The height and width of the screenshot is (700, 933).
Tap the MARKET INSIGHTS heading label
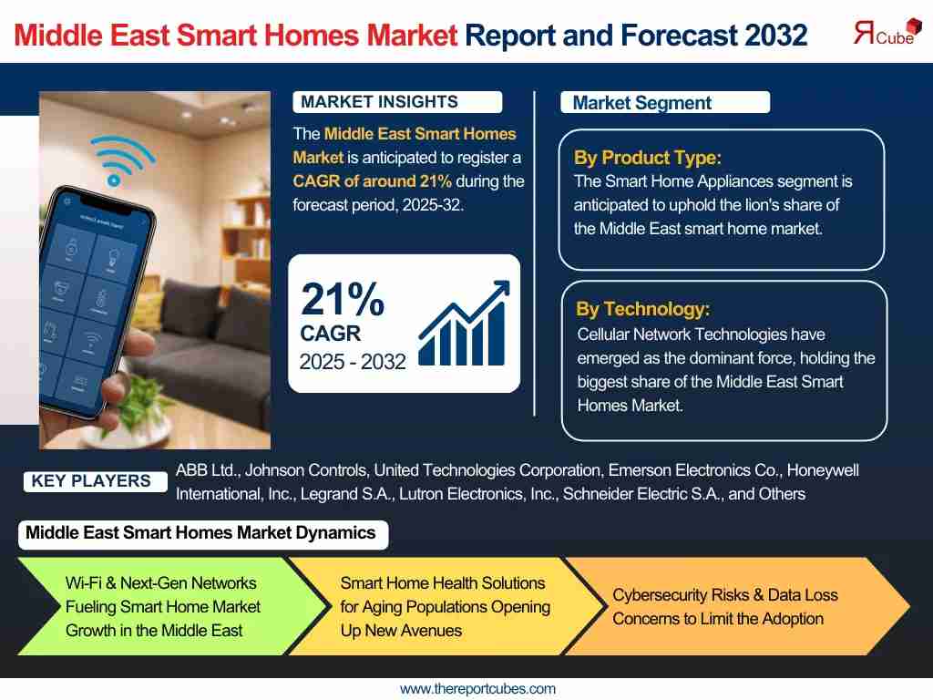397,102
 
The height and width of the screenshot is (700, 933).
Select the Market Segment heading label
664,102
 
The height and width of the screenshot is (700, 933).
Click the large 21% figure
343,299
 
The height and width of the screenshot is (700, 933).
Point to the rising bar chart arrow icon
464,324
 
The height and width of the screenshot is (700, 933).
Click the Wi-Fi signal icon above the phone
122,160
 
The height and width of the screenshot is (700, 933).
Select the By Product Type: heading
648,158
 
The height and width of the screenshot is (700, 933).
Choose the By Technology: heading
642,309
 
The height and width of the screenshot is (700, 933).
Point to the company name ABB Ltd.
209,470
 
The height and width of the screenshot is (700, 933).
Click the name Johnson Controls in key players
306,470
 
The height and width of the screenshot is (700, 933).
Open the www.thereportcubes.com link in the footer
477,689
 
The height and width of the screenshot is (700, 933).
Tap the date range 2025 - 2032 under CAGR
353,362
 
